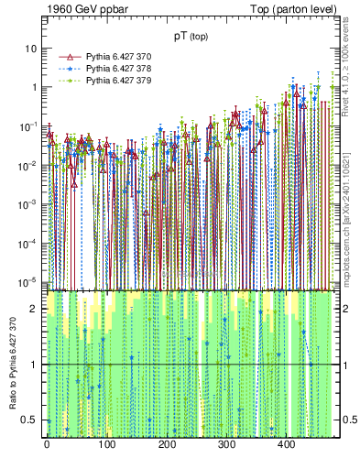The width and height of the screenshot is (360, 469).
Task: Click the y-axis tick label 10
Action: point(31,48)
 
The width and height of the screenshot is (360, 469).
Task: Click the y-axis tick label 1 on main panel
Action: point(34,87)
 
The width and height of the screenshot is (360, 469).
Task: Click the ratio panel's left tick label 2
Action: point(34,310)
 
